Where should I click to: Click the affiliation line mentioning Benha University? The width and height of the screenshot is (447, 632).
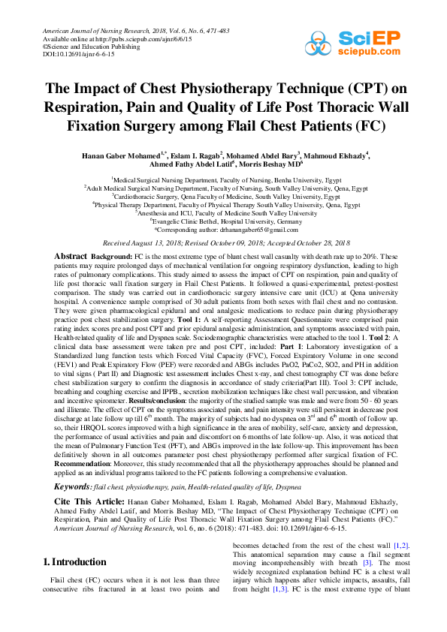[223, 180]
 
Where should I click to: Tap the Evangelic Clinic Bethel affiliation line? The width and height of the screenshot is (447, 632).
[223, 221]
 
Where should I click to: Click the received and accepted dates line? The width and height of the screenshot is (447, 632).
[223, 243]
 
